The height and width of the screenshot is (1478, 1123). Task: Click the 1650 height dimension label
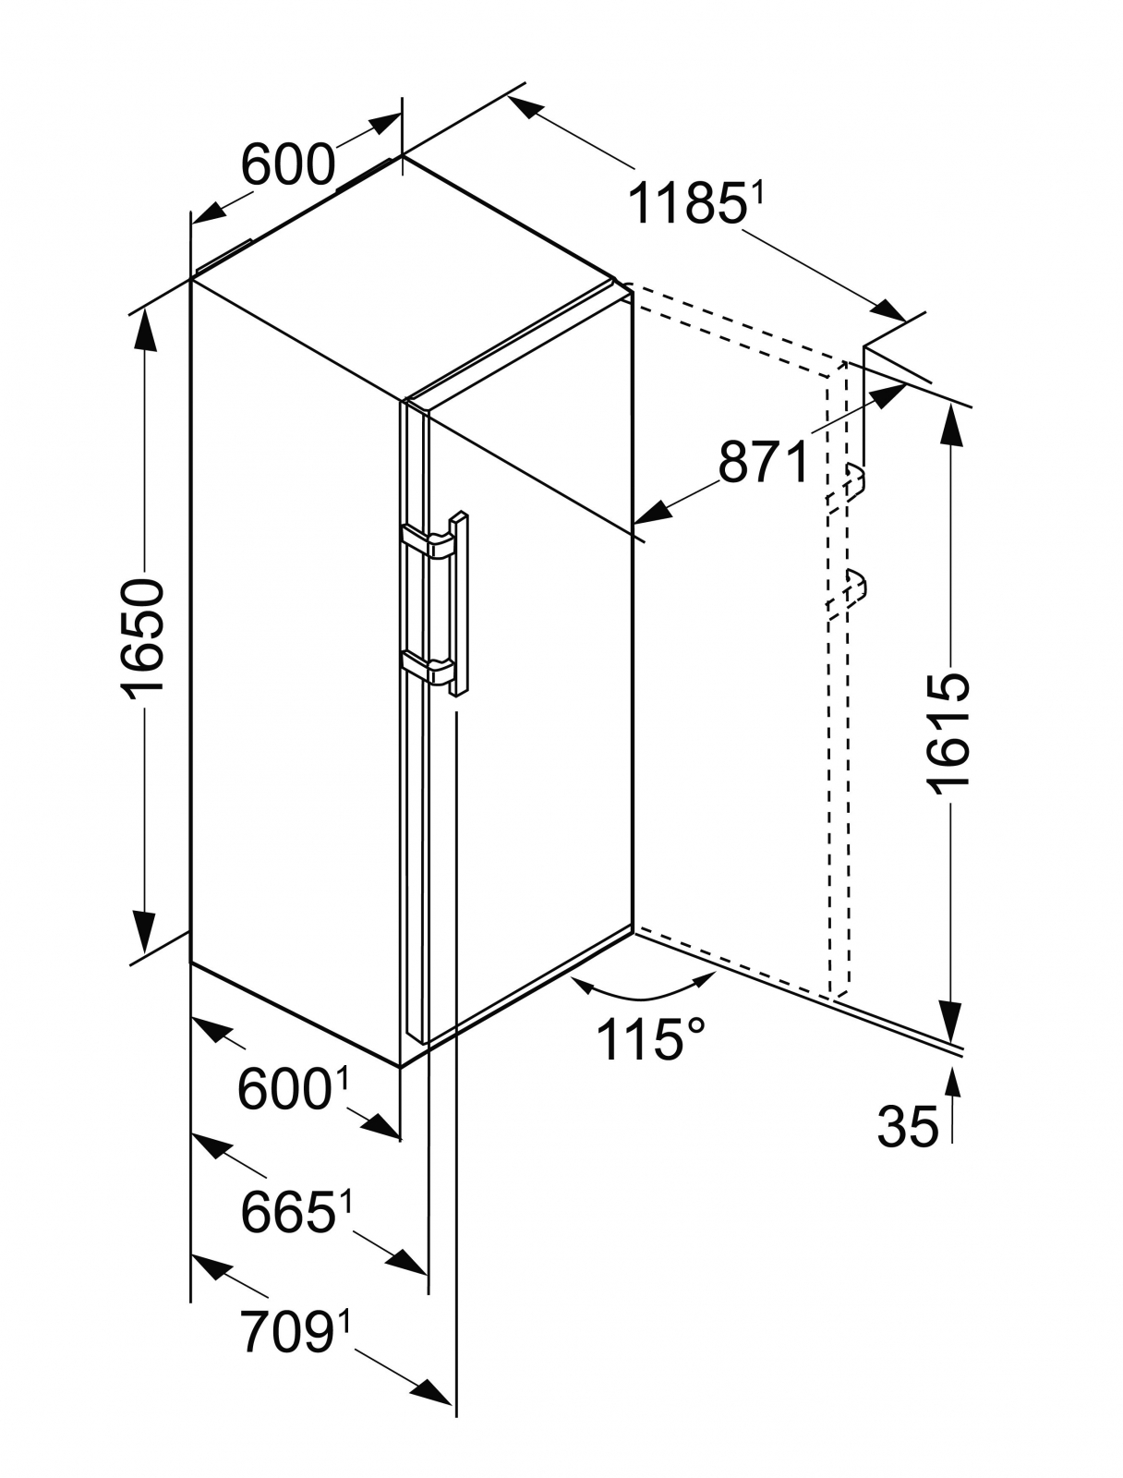pos(143,636)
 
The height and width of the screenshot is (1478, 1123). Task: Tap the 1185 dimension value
pos(685,204)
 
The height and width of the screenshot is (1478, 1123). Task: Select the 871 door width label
pos(764,462)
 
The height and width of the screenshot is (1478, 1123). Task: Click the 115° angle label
pos(650,1038)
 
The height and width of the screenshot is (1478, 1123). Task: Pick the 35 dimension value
pos(907,1127)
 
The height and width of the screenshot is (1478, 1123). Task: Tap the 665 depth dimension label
pos(286,1211)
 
